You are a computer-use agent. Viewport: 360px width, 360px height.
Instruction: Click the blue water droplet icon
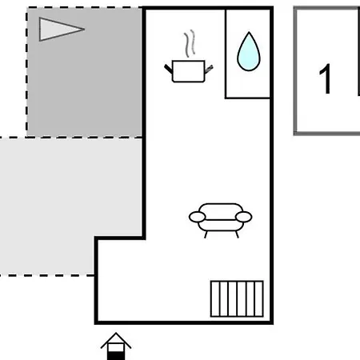(x=249, y=52)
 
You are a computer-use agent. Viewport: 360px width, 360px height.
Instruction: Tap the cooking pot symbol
(x=189, y=71)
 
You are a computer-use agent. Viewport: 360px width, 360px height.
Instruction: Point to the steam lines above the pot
(x=190, y=43)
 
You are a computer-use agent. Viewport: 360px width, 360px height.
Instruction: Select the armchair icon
(x=221, y=220)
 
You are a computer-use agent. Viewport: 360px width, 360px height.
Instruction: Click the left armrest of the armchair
(x=197, y=217)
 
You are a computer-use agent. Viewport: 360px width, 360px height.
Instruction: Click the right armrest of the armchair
(x=244, y=217)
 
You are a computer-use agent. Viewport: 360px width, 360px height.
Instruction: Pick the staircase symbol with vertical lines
(x=237, y=298)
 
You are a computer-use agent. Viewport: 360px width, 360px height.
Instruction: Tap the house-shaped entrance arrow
(x=116, y=346)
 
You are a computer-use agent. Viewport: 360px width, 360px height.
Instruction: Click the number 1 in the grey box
(x=325, y=78)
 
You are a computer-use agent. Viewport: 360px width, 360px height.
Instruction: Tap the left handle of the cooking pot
(x=168, y=69)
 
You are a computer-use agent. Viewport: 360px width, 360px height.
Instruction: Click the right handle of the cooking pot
(x=209, y=69)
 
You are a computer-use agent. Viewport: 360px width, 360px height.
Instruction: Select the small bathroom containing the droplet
(x=248, y=54)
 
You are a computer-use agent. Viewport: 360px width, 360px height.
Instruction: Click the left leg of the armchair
(x=206, y=234)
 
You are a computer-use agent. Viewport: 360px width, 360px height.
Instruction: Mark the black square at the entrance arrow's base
(x=116, y=356)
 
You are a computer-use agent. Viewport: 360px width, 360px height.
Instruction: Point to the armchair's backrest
(x=221, y=210)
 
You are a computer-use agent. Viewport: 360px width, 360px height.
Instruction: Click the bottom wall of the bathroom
(x=248, y=98)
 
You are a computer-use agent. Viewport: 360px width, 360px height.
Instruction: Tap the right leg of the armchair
(x=237, y=234)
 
